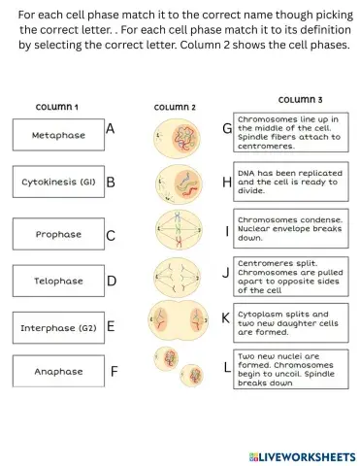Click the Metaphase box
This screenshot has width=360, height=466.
(x=57, y=135)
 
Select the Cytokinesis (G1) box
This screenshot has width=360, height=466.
(x=57, y=182)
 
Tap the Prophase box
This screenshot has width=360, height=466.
(x=57, y=234)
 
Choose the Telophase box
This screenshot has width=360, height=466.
(x=57, y=281)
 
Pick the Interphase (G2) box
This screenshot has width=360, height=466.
(x=57, y=327)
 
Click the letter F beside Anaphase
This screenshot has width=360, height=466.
(x=114, y=371)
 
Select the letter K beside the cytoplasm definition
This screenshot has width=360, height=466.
(x=226, y=317)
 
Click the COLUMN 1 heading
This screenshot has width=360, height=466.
(x=57, y=107)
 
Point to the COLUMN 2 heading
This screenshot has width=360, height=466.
(x=175, y=107)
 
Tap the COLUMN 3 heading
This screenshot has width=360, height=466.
(x=301, y=99)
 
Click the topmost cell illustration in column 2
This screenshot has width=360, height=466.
(x=175, y=137)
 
